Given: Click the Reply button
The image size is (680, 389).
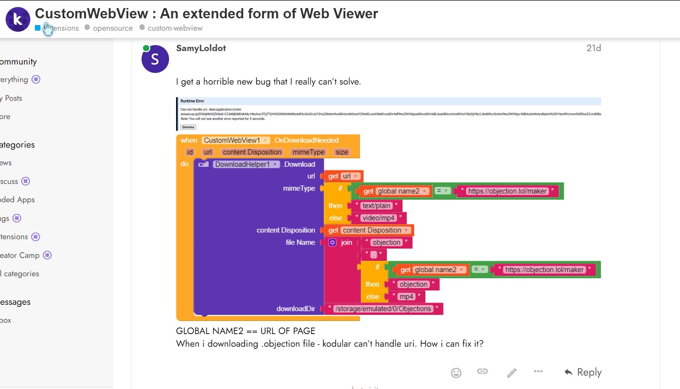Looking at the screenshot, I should pos(583,372).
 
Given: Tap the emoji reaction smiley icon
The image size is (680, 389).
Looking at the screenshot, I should pos(456,372).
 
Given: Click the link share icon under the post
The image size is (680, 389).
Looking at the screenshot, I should pos(482,371).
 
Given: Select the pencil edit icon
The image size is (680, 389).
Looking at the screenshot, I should pos(512,372).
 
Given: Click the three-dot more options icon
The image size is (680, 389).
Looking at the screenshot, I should pos(538,371).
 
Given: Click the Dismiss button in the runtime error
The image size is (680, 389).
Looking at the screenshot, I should pos(188,127).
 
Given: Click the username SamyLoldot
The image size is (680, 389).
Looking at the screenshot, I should pos(201,48).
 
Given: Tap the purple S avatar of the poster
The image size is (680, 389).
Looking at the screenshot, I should pos(155,59).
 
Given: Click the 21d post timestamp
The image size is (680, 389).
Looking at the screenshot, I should pos(593,48).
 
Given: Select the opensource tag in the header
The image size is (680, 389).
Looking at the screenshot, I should pos(112,28).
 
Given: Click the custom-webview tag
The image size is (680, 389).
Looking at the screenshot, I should pos(175,28).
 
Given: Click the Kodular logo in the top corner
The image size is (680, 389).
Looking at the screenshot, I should pos(18,19).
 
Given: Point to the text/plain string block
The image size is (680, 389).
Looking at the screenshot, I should pos(376,206).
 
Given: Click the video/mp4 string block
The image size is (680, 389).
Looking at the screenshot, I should pos(379,218).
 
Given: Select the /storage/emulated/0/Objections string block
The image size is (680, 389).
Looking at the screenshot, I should pos(383,309).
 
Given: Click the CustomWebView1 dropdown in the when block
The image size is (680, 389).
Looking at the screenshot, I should pos(236,140).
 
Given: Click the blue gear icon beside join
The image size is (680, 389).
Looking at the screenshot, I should pos(332,242).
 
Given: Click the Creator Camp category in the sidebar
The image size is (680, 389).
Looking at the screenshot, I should pos(20,255).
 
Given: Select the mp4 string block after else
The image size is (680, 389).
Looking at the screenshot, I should pos(406,297).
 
